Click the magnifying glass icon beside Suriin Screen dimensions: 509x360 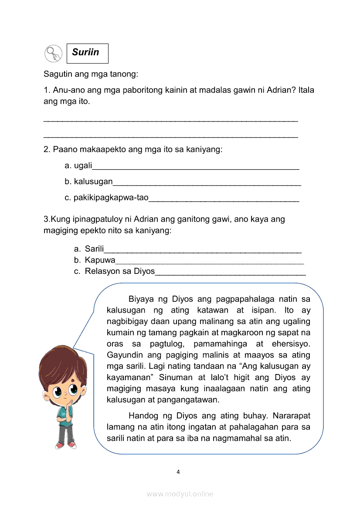(53, 54)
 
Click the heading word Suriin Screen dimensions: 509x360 (85, 52)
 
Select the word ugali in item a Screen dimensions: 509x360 (83, 165)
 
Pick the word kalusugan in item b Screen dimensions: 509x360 (93, 182)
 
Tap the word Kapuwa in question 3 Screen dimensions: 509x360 (100, 260)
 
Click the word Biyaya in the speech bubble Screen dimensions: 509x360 (143, 299)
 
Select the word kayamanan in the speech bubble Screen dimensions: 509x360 (128, 377)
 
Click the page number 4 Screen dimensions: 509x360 (178, 472)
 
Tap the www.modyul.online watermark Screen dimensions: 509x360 (180, 494)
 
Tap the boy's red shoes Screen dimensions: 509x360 (65, 445)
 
